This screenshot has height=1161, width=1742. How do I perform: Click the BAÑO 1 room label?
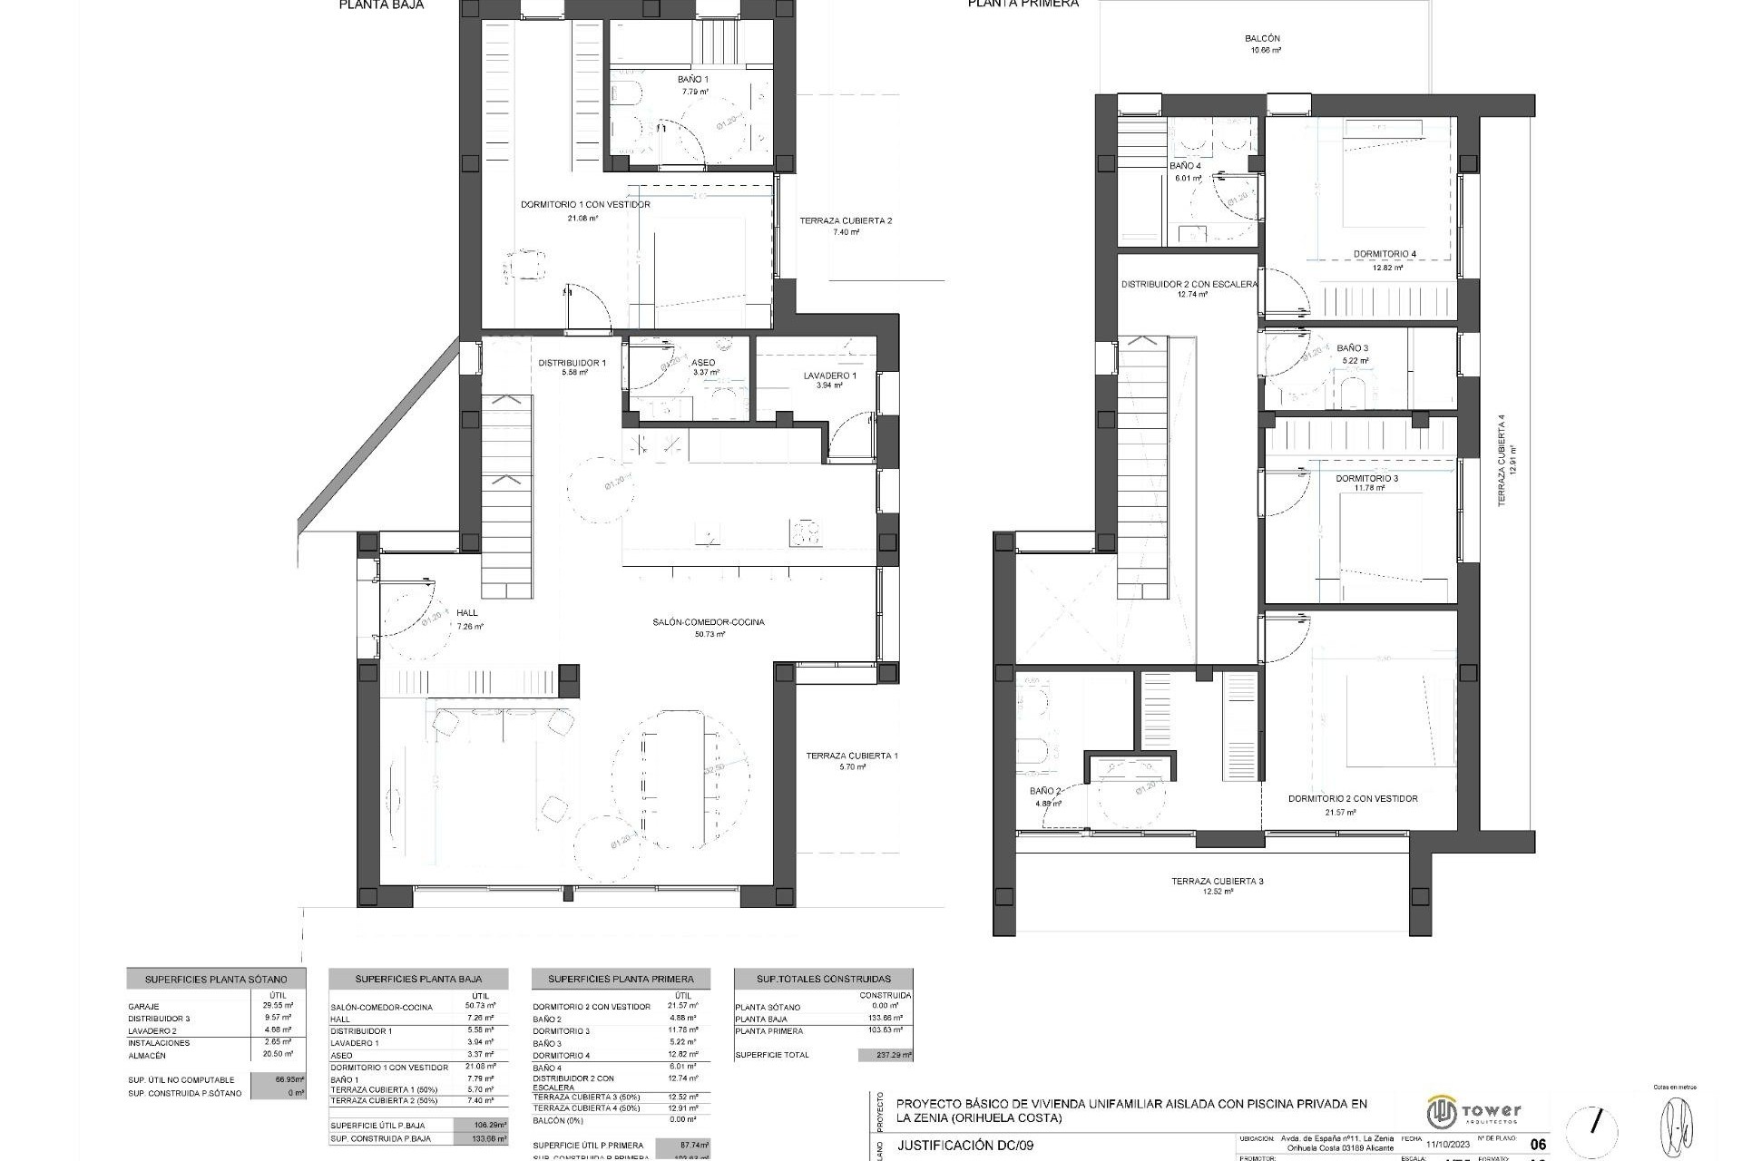coord(693,80)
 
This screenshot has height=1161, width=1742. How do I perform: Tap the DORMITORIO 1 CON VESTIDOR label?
coord(585,205)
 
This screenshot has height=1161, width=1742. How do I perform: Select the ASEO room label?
coord(703,363)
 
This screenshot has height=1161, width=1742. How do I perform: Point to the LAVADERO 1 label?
coord(829,376)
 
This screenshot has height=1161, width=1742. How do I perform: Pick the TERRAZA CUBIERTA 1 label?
coord(852,756)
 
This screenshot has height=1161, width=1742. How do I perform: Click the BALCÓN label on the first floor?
coord(1262,39)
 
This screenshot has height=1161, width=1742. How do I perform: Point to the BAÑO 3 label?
coord(1352,348)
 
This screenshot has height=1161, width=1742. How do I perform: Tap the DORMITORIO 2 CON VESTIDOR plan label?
coord(1353,799)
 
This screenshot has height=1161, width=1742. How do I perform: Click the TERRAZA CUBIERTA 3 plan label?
coord(1217,881)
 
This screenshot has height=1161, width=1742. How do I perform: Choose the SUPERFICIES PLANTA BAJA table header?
coord(418,980)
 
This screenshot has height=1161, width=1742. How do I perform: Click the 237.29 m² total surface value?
coord(885,1056)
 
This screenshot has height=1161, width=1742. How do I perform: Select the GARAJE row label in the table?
coord(144,1007)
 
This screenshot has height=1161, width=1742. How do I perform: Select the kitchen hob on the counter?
coord(806,532)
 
